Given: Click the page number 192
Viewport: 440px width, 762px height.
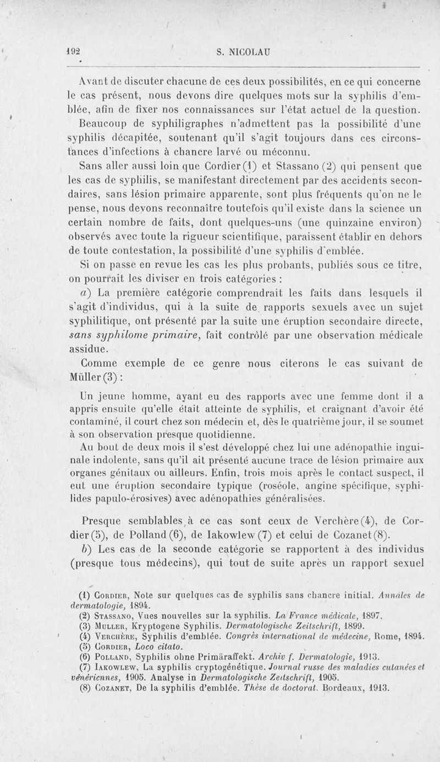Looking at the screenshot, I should click(x=74, y=53).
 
